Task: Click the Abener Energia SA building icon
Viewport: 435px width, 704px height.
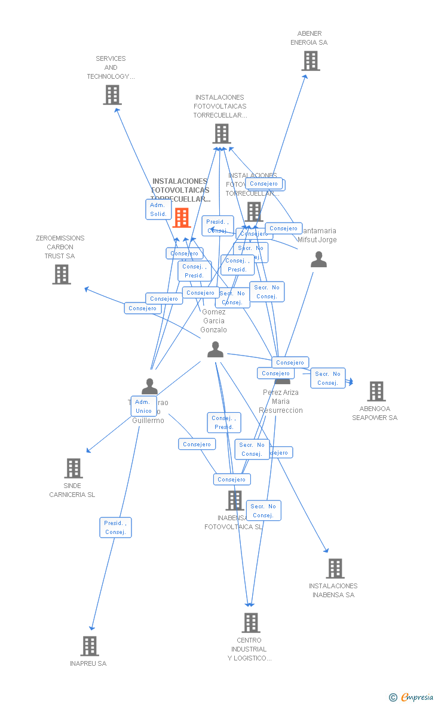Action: pos(310,61)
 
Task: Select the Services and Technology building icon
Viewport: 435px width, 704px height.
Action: pos(112,95)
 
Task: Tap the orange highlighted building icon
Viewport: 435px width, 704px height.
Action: pos(182,218)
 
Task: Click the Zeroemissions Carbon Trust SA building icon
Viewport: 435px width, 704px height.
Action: pos(62,274)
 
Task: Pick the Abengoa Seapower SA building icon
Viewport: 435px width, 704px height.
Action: pos(376,391)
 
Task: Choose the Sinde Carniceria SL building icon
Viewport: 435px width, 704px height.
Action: pos(73,468)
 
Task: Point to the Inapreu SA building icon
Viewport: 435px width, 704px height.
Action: pos(89,646)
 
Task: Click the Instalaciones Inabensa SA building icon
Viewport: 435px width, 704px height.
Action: pos(335,569)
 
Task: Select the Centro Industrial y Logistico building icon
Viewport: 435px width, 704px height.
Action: pos(250,623)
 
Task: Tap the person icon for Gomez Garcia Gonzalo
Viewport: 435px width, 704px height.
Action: pos(215,350)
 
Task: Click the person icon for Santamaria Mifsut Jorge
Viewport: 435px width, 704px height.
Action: pos(319,260)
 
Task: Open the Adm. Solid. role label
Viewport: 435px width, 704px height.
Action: pos(158,209)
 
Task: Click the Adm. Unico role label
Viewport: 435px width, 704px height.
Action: pos(143,406)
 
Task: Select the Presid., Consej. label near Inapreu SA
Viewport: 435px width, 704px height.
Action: pos(115,527)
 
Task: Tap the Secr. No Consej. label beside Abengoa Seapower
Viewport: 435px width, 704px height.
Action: pos(327,378)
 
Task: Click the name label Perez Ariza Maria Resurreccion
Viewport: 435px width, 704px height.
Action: pos(280,402)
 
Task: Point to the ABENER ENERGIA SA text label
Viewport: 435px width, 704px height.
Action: pos(309,38)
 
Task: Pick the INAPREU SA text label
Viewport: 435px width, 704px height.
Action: pos(88,663)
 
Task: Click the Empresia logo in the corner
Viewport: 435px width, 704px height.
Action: pos(412,697)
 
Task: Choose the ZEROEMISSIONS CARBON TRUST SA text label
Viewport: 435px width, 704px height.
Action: pos(60,247)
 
